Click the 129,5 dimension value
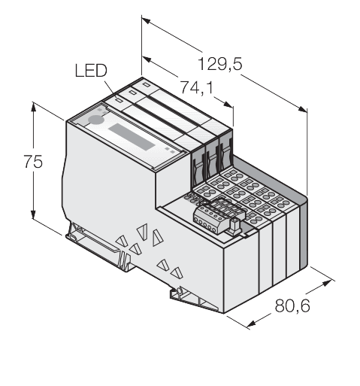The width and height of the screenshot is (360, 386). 220,64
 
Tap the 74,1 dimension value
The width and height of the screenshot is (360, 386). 197,87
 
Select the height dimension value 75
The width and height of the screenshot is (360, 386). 33,161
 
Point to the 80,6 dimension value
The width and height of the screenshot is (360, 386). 292,305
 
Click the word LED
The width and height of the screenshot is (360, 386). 91,71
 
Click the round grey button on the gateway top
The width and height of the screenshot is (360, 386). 95,120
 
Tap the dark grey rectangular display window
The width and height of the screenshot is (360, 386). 132,137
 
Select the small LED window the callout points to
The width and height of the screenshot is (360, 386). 119,101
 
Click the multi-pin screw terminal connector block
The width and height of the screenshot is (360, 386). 219,215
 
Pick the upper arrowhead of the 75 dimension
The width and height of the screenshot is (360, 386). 33,107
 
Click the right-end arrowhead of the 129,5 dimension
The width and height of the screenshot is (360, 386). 302,109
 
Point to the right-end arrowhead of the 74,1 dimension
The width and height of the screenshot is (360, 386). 228,104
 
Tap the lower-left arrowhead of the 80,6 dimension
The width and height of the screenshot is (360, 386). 251,324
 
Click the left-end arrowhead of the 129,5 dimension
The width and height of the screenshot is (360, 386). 146,21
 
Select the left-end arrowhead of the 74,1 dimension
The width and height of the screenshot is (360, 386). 147,59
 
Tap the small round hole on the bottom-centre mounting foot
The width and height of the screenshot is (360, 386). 180,291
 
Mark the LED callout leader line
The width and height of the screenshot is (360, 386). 110,90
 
